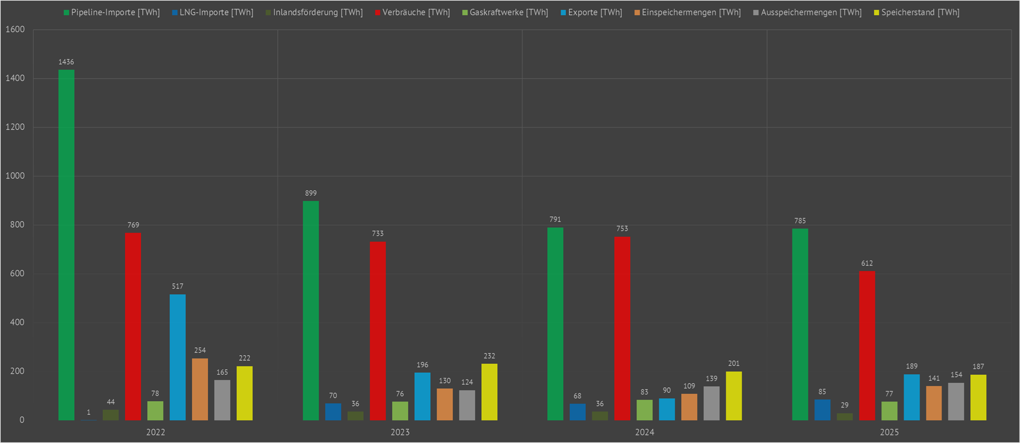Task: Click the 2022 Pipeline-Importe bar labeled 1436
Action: [66, 244]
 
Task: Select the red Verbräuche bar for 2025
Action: [867, 345]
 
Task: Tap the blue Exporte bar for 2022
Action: [178, 357]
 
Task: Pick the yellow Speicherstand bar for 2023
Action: [490, 392]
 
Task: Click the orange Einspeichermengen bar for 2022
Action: [200, 389]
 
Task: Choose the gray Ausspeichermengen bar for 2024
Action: [712, 403]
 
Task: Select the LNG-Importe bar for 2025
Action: [822, 409]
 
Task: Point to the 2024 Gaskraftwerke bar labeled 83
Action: [645, 410]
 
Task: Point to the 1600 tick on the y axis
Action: [15, 29]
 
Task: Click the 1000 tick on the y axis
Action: [15, 176]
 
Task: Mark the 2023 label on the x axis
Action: [400, 432]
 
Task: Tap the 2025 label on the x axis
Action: [889, 432]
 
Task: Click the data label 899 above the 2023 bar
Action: [311, 193]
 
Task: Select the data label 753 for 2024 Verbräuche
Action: [622, 228]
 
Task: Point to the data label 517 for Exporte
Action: [178, 286]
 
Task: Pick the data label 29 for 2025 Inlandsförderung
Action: [844, 405]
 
